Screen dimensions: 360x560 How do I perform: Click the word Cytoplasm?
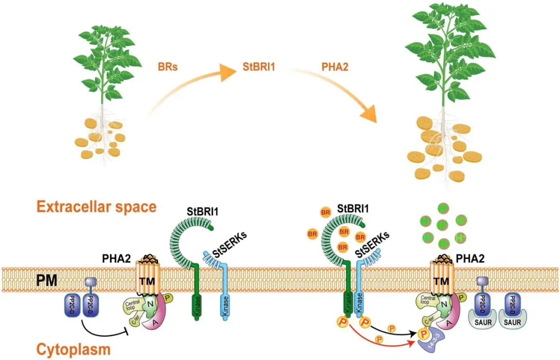coord(74,349)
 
